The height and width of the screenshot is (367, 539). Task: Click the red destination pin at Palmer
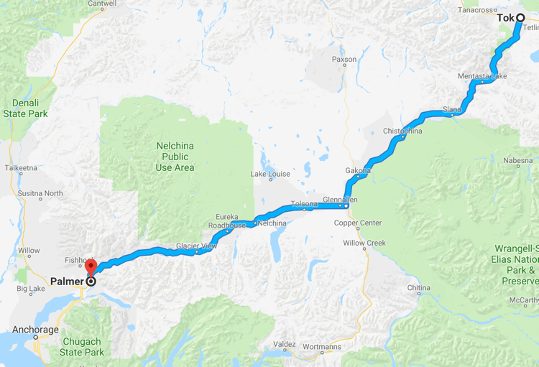pos(91,266)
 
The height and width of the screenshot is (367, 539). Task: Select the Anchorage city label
pos(35,330)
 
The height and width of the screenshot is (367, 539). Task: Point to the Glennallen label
pos(340,199)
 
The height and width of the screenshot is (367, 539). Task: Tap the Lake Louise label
pos(270,174)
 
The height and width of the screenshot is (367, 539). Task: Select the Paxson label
pos(344,60)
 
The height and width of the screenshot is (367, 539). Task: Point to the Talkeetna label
pos(21,167)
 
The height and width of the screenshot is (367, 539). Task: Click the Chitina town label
pos(419,288)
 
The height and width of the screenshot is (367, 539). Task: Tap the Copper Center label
pos(358,223)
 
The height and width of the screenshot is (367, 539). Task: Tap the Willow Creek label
pos(364,243)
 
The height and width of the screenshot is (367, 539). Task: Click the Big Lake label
pos(31,289)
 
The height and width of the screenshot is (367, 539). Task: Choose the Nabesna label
pos(518,160)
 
